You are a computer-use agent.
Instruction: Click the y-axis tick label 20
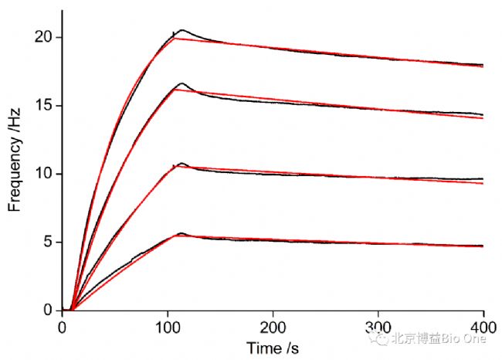point(43,37)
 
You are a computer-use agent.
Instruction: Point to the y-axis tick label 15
point(43,105)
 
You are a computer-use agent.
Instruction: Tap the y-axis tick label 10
point(43,173)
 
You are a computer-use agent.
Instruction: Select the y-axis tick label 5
point(47,242)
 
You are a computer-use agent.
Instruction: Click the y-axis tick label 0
point(47,310)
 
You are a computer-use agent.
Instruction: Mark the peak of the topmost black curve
point(182,30)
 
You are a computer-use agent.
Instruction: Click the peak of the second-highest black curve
point(182,83)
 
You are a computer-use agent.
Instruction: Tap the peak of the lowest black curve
point(182,233)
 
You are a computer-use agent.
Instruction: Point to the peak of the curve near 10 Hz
point(182,164)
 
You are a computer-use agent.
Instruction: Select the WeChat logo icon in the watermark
point(378,338)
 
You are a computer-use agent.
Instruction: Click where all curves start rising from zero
point(72,309)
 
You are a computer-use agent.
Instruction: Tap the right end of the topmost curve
point(483,66)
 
